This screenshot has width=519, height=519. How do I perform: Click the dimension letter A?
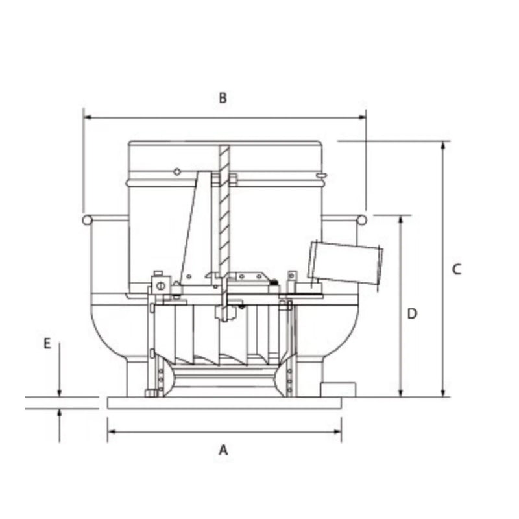click(x=223, y=449)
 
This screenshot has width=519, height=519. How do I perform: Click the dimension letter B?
click(x=223, y=98)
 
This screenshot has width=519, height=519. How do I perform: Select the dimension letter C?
click(x=457, y=269)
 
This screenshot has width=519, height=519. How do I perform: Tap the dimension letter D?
click(x=412, y=314)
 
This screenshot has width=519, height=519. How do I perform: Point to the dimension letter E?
click(x=47, y=344)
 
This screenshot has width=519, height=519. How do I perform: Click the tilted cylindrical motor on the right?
click(x=346, y=262)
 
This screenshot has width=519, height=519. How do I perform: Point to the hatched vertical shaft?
click(x=224, y=208)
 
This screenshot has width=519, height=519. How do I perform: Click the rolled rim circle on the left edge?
click(x=87, y=220)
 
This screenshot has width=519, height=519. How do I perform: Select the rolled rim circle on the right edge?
click(x=364, y=220)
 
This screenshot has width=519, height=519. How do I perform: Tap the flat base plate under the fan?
click(x=224, y=403)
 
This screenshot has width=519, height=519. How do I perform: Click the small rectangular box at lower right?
click(x=338, y=389)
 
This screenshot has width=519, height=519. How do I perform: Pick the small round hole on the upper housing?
click(x=176, y=171)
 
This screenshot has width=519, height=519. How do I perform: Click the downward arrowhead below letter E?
click(x=60, y=392)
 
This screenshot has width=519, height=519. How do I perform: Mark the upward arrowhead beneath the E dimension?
click(x=60, y=413)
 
